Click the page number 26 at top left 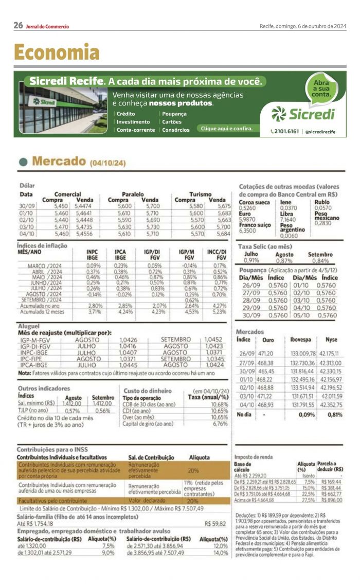click(18, 25)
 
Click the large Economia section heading click(57, 52)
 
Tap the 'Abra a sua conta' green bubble click(321, 88)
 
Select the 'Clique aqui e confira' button click(227, 129)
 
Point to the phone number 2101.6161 click(286, 132)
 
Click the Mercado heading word click(59, 161)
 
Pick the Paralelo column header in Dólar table click(133, 194)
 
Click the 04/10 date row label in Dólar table click(26, 234)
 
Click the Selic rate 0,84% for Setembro click(320, 260)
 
